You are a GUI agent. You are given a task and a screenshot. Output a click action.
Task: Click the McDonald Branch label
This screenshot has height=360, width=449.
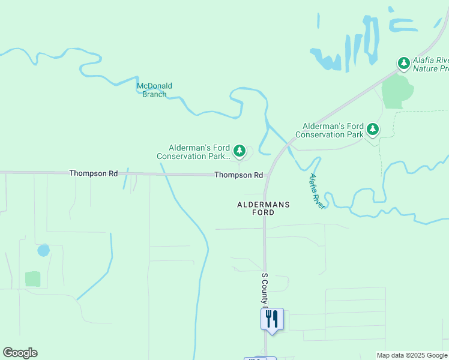point(154,90)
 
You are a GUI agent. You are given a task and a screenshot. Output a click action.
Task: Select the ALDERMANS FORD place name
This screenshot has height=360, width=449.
point(264,208)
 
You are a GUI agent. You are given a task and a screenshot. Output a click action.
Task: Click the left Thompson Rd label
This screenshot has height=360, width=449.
point(93,173)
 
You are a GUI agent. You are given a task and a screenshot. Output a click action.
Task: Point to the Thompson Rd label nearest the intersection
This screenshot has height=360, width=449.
point(239,175)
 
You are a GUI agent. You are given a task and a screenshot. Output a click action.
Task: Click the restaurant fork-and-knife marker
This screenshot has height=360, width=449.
point(272,319)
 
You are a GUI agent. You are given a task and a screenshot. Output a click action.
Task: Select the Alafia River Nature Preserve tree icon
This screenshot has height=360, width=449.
point(404,63)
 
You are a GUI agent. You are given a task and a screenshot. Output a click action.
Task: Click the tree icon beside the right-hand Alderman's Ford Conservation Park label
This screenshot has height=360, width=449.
point(373,129)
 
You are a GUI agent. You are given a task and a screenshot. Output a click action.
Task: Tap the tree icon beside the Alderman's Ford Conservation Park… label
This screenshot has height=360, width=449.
point(240,151)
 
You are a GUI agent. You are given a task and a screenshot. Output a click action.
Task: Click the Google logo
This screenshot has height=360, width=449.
point(20,353)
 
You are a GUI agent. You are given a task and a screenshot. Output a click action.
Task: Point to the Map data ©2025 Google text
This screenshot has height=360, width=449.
point(412,355)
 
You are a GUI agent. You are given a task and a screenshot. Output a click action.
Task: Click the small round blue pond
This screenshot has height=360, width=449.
point(43,250)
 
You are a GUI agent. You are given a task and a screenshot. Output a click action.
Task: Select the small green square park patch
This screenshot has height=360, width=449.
point(33,279)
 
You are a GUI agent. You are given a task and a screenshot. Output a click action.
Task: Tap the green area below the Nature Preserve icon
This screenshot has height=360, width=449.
point(396,91)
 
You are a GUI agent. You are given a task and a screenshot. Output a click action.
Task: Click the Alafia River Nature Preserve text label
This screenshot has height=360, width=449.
point(432,64)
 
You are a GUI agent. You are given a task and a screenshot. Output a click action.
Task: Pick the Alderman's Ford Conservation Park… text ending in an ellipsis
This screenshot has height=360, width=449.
point(192,152)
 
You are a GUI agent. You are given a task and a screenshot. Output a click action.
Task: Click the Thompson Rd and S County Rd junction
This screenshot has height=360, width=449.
point(265,175)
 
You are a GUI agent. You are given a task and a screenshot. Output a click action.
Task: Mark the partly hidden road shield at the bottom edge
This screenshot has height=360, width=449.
point(260,358)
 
